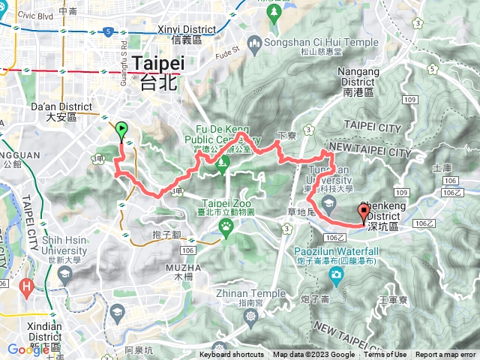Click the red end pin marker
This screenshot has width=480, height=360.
364,212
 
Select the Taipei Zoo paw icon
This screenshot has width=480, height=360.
225,223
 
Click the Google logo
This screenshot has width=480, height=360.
28,349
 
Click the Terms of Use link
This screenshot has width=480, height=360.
385,355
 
